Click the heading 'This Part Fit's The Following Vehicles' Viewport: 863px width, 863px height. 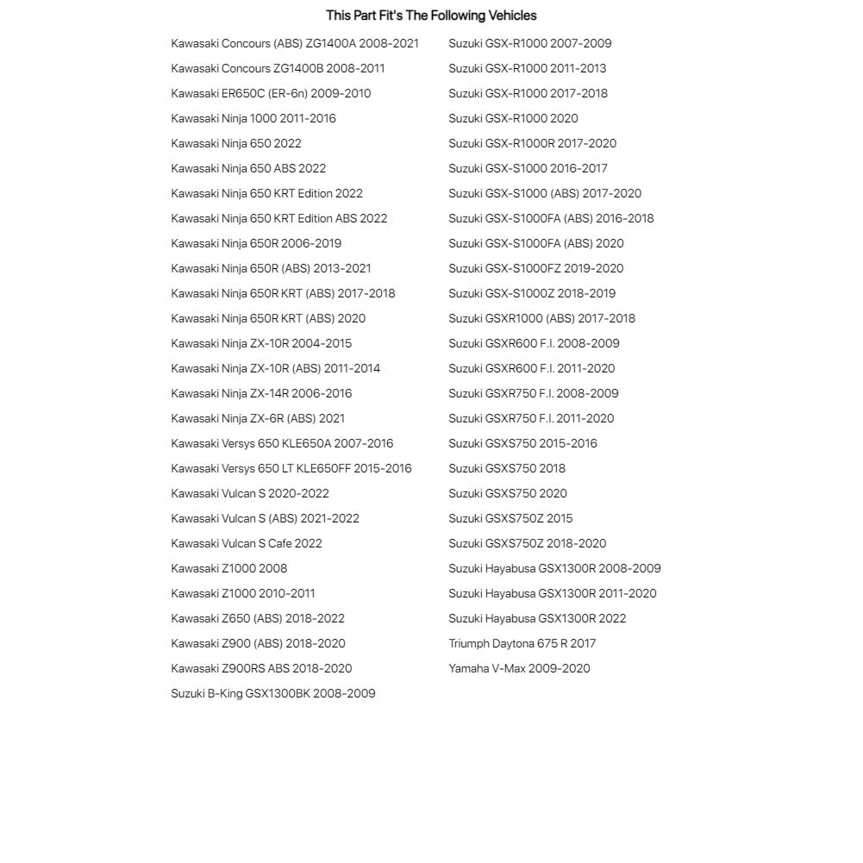(x=431, y=16)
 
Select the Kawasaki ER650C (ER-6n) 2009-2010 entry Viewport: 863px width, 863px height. (x=271, y=93)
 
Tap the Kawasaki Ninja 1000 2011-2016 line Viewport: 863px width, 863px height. (x=253, y=118)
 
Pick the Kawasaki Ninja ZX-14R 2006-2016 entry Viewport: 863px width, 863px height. (x=261, y=393)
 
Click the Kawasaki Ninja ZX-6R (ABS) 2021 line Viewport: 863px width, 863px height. (x=258, y=418)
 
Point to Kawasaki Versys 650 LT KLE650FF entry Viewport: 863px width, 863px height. (x=291, y=468)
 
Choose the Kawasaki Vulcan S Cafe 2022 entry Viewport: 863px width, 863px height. (x=247, y=543)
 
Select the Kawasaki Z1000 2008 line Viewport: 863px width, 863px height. (x=229, y=568)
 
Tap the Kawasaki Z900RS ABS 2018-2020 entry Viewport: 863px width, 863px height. (x=261, y=668)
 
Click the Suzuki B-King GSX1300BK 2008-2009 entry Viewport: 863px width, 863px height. (x=273, y=693)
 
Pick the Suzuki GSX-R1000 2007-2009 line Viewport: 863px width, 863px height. (x=530, y=43)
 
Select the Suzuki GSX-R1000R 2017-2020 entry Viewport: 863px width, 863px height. (x=533, y=143)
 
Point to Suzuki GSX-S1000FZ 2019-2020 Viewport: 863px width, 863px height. (x=536, y=268)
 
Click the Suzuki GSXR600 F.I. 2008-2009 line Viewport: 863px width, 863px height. (x=534, y=343)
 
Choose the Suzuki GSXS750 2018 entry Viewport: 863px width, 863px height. (x=507, y=468)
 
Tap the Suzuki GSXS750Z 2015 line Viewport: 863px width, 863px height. (x=510, y=518)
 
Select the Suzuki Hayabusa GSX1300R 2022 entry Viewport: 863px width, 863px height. (x=537, y=618)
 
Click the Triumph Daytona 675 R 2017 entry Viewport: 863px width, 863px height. (x=522, y=643)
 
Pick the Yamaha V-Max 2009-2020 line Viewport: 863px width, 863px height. (x=519, y=668)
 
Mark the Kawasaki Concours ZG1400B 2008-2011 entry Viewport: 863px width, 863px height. (x=278, y=68)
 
